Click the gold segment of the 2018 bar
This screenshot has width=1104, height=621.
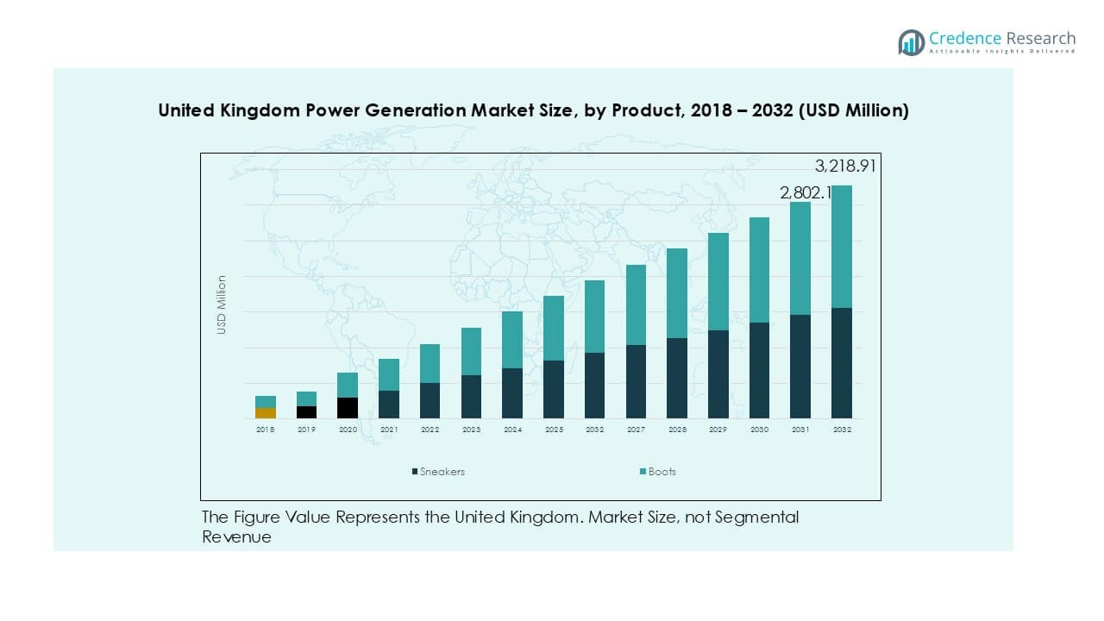[265, 413]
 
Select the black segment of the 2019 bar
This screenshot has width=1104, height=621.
[306, 412]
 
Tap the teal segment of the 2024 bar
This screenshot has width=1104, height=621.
[512, 340]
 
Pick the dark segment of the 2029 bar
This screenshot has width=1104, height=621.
[718, 374]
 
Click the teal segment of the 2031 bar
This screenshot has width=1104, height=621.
[800, 259]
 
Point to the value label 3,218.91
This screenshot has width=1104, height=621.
[845, 166]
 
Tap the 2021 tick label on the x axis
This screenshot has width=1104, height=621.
[389, 430]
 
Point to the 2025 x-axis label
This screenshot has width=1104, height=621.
[554, 430]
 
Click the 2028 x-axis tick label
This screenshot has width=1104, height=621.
[677, 430]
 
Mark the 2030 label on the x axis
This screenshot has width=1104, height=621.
[759, 430]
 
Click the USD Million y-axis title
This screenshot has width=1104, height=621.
[222, 304]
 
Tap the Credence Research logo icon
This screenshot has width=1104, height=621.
[911, 42]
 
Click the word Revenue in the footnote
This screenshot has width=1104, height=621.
[236, 537]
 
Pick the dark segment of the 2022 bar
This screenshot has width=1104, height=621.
[430, 400]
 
